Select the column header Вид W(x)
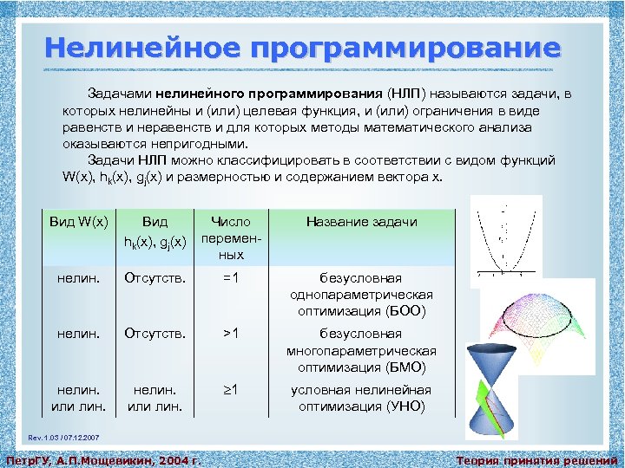(x=78, y=222)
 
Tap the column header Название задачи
(x=361, y=222)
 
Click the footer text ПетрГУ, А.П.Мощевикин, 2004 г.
(x=103, y=459)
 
